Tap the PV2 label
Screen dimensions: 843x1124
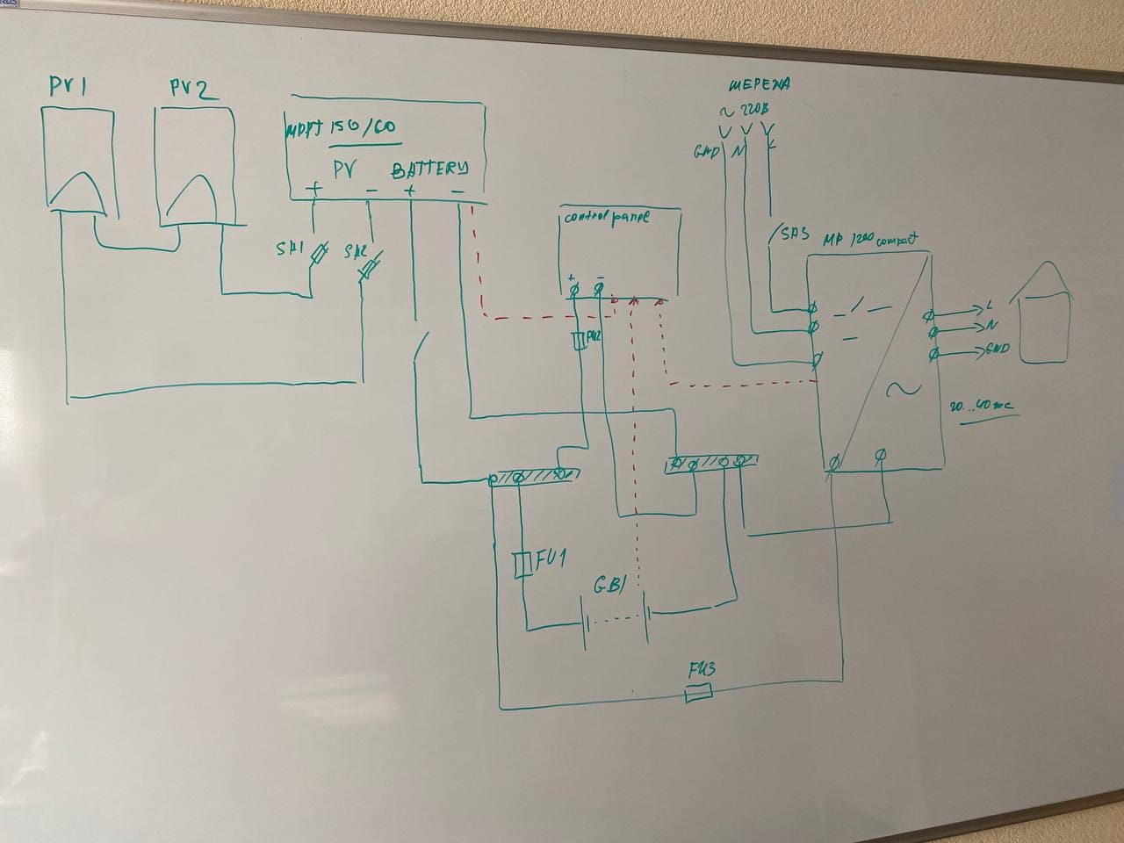pos(193,89)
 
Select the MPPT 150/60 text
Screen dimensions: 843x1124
pos(341,129)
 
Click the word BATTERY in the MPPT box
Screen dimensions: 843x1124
pos(429,169)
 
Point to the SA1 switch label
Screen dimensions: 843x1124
pos(289,249)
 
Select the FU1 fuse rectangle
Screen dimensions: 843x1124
pos(522,565)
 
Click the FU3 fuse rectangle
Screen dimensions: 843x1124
pos(698,695)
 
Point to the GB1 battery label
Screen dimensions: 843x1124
pos(609,586)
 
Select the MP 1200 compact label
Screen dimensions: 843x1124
pos(870,239)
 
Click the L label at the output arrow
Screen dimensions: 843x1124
pos(989,306)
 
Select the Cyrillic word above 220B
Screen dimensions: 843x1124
pos(760,85)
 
